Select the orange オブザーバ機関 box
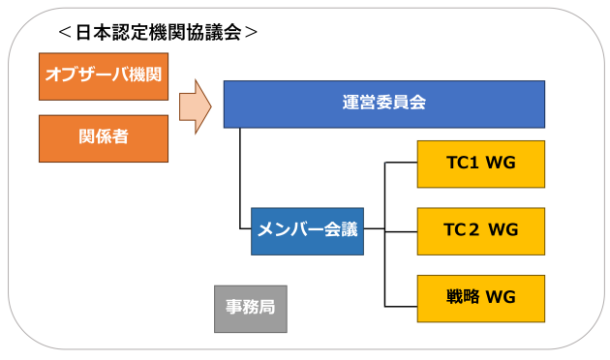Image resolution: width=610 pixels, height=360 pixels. (x=104, y=76)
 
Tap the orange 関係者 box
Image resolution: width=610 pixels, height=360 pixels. (x=104, y=137)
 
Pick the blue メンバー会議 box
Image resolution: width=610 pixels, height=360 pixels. (x=307, y=230)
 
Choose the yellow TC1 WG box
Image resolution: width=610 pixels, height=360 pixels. (x=480, y=164)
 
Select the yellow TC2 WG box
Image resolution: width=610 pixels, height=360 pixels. (x=480, y=230)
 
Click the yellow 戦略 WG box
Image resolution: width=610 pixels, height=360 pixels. (x=480, y=297)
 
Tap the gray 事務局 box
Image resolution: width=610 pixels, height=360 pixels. (x=250, y=308)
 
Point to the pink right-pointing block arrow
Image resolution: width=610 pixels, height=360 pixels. (x=195, y=106)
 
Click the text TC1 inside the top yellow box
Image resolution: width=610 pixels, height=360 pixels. (x=463, y=164)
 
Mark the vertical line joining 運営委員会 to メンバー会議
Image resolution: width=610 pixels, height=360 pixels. (x=240, y=179)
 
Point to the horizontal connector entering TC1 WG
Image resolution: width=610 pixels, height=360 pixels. (x=401, y=164)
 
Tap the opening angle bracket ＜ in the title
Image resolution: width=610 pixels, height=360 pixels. (x=64, y=31)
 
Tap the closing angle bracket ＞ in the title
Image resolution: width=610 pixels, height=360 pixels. (x=251, y=31)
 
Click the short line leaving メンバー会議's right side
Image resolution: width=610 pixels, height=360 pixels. (x=374, y=230)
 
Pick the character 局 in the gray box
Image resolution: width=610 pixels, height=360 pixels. (x=266, y=308)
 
